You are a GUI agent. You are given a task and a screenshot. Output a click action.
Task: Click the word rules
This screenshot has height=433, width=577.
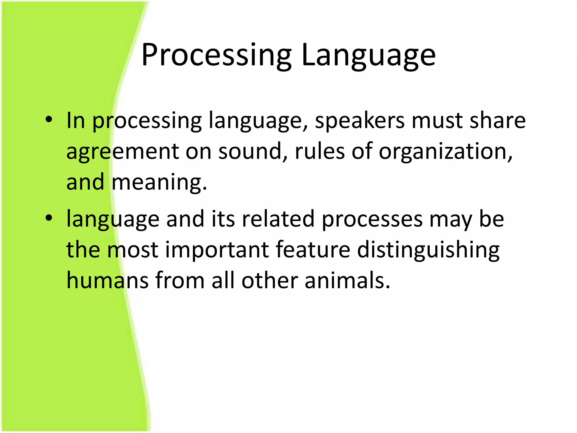(x=320, y=151)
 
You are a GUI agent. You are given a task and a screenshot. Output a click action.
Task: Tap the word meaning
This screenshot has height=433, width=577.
(x=159, y=183)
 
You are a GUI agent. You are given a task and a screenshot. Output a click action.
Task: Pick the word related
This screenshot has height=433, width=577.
(x=278, y=219)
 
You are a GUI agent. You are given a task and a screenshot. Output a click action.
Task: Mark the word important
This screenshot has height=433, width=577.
(x=217, y=250)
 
